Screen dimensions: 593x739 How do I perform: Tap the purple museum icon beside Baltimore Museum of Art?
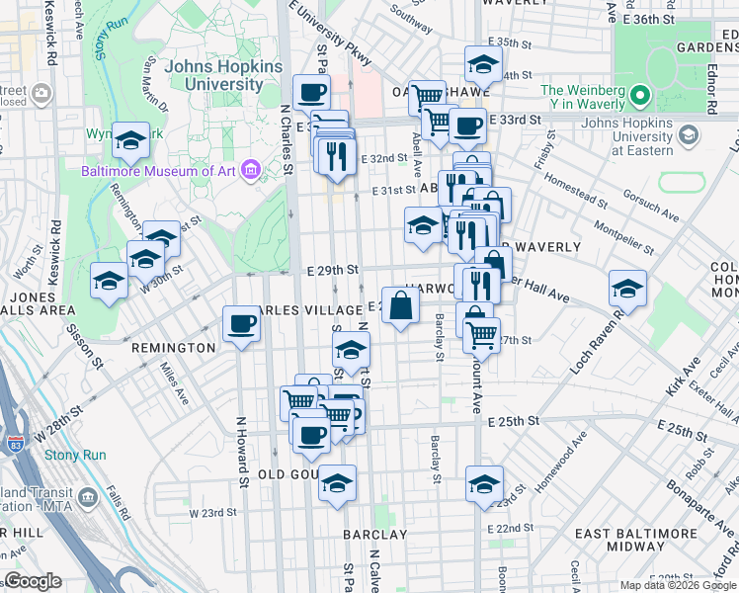click(x=249, y=172)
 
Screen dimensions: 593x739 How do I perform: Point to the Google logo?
click(x=33, y=581)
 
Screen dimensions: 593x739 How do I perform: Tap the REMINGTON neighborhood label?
click(x=173, y=348)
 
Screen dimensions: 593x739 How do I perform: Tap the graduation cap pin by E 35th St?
click(x=481, y=66)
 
